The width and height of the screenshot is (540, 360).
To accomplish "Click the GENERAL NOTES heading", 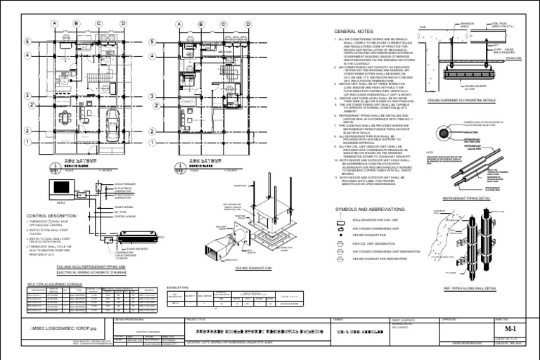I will tap(355, 32).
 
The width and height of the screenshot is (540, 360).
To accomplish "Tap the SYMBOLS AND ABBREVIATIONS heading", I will tap(372, 210).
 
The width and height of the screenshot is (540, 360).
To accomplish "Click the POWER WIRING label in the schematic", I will tap(122, 207).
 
